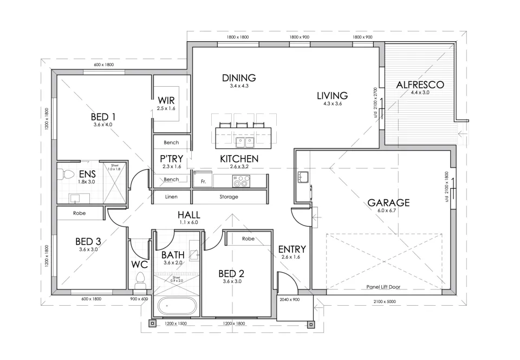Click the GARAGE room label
click(388, 203)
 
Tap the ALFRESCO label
click(420, 85)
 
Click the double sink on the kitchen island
click(245, 142)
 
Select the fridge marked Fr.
click(203, 181)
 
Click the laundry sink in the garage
click(302, 177)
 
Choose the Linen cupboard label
click(171, 197)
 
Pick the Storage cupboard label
click(229, 197)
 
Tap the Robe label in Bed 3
click(80, 213)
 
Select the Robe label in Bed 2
click(248, 238)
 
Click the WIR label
click(166, 100)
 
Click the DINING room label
click(239, 78)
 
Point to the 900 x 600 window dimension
click(139, 299)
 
